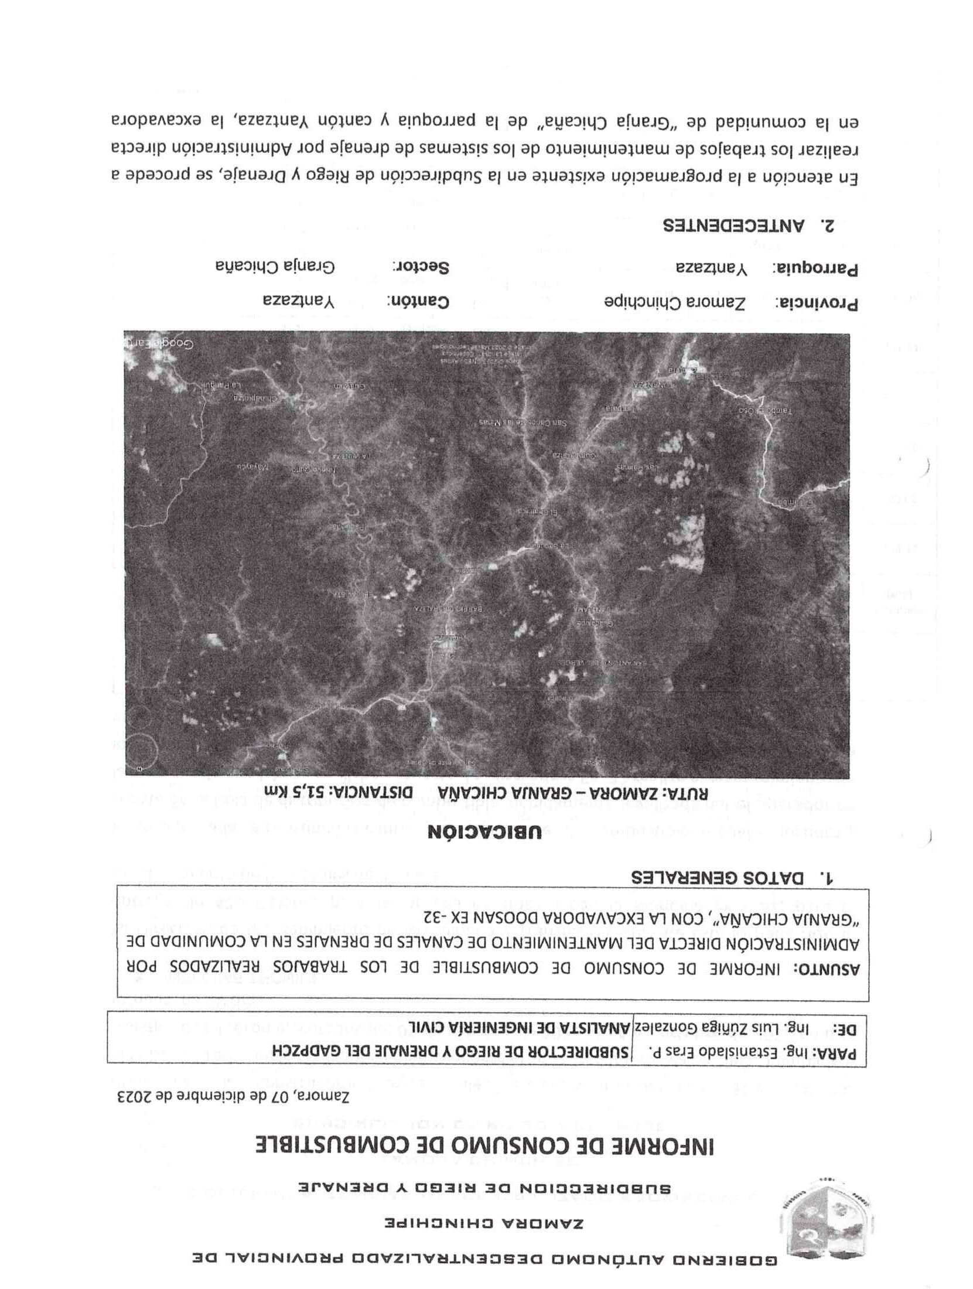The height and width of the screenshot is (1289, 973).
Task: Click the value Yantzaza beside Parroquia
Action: (712, 268)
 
